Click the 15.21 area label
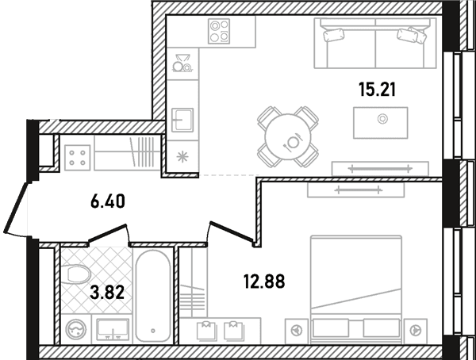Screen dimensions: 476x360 coord(378,90)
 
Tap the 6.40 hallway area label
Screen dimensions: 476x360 coord(107,201)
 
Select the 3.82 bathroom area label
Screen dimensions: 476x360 coord(107,292)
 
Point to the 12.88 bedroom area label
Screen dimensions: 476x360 coord(264,281)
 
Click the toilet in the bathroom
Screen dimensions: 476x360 coord(75,274)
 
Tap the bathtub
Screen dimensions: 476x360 coord(153,297)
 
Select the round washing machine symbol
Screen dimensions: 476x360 coord(76,330)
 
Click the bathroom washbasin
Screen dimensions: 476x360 coord(113,329)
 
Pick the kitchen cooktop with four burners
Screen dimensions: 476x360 coord(219,31)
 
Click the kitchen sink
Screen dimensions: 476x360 coord(182,121)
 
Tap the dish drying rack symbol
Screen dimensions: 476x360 coord(182,63)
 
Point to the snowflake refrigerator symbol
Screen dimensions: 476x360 coord(182,157)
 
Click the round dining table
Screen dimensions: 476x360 coord(288,136)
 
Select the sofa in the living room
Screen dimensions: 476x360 coord(375,43)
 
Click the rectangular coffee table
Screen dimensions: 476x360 coord(381,123)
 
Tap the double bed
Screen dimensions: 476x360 coord(355,289)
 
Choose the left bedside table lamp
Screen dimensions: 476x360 coord(296,331)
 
